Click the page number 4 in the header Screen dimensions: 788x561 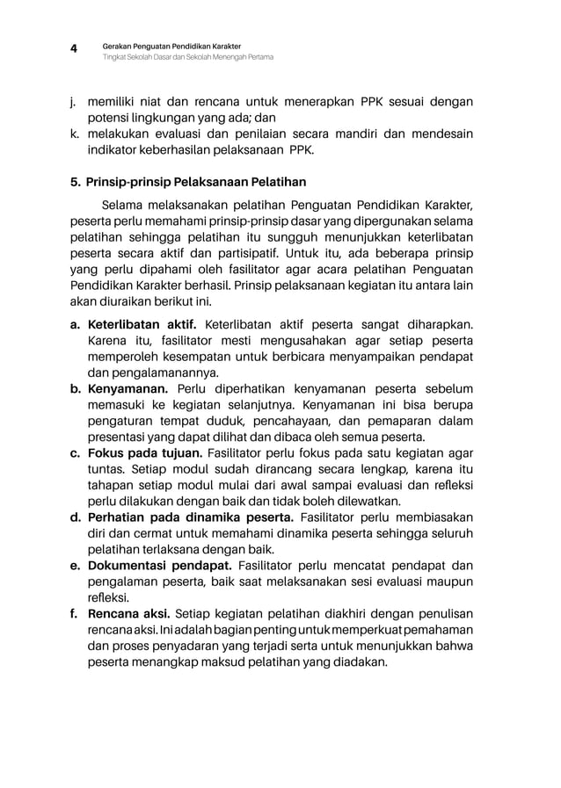click(x=76, y=50)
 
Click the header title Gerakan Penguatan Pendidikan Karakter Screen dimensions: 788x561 click(x=171, y=45)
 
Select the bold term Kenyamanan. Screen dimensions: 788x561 click(x=128, y=388)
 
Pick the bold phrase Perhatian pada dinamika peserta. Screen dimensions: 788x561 click(x=190, y=517)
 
